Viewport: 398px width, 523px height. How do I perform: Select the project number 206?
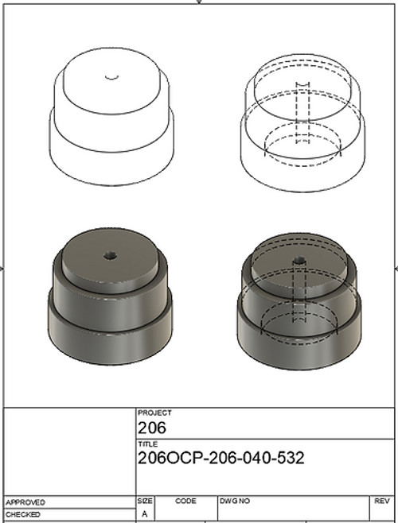150,428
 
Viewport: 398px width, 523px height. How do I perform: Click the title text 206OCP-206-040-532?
220,459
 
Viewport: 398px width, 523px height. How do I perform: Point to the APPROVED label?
25,502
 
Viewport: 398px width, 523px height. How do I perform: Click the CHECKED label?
23,514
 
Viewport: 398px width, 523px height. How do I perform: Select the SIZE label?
146,502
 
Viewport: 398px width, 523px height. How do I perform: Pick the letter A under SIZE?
144,514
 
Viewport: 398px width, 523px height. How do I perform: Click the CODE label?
185,502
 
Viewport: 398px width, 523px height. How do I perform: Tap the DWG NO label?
235,502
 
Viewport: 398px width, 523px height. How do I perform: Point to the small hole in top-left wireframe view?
112,77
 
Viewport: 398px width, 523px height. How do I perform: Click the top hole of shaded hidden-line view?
299,260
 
